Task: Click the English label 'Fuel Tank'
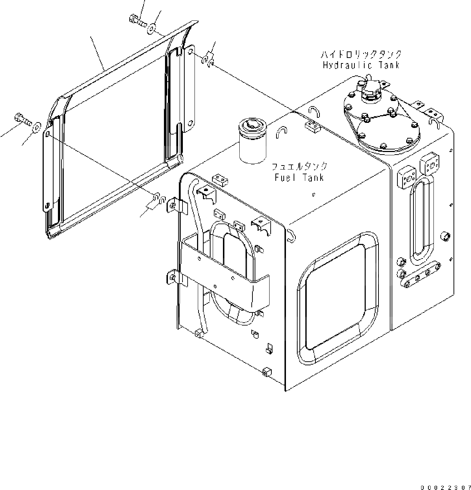[x=299, y=178]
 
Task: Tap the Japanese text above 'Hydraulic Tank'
[x=361, y=55]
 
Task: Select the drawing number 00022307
[x=446, y=487]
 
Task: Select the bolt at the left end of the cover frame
[x=23, y=119]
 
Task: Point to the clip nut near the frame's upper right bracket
[x=208, y=59]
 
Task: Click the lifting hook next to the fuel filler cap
[x=282, y=132]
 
